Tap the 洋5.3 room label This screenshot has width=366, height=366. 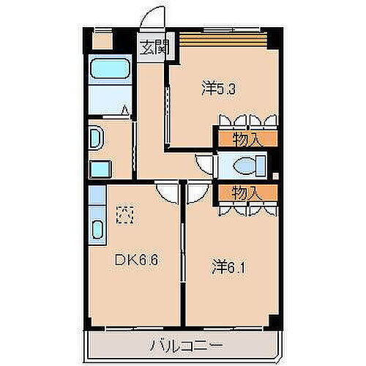tap(218, 90)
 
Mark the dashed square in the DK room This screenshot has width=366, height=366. tap(125, 215)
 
